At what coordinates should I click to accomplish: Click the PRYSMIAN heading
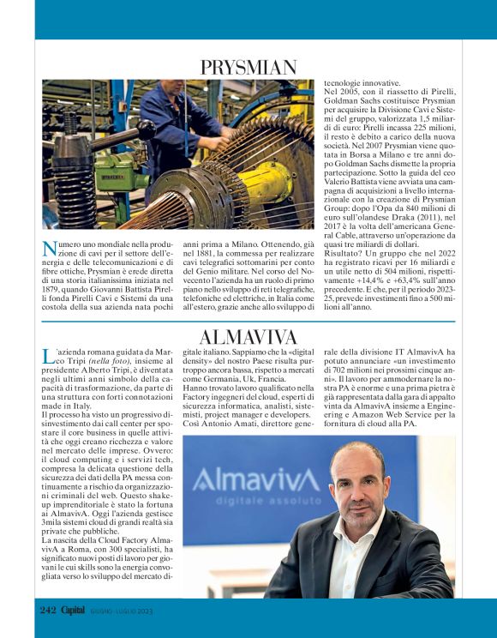coord(248,67)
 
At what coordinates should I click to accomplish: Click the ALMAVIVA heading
coord(248,336)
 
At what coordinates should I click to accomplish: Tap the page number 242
coord(46,610)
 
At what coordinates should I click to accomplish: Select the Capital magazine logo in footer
coord(73,610)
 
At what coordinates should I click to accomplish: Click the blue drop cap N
coord(49,249)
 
